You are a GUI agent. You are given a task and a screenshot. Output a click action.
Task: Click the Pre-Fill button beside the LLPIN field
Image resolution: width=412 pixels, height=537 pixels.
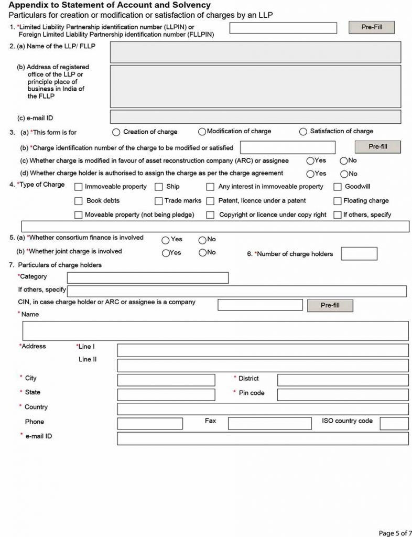coord(371,27)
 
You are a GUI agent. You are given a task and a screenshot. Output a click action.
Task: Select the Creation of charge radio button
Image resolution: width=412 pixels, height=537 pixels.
coord(115,132)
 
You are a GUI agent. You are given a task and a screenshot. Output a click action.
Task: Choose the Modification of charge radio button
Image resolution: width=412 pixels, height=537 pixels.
coord(202,131)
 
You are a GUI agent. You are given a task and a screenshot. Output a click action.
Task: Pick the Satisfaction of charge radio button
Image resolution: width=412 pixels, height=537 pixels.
coord(303,132)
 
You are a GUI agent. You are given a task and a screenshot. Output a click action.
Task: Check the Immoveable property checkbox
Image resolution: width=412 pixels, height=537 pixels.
coord(79,187)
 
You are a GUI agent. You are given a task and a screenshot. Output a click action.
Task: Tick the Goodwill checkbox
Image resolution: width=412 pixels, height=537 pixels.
coord(338,187)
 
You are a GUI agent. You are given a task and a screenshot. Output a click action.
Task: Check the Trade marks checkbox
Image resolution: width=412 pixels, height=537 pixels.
coord(159,201)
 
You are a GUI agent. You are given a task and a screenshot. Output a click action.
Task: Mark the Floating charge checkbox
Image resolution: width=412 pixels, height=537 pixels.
coord(338,201)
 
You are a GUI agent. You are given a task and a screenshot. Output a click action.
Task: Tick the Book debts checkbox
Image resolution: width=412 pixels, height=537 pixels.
coord(79,201)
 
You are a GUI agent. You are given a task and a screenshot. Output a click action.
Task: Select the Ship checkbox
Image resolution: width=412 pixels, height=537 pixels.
coord(159,187)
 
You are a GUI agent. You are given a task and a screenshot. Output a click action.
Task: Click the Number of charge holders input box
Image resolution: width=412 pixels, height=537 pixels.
coord(359,254)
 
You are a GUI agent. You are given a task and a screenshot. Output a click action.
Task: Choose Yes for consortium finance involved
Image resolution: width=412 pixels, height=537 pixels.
coord(166,240)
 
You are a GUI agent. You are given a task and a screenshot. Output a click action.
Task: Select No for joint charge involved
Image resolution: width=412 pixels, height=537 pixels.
coord(202,253)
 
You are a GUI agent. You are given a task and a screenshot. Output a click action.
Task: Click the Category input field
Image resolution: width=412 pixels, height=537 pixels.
coord(148,278)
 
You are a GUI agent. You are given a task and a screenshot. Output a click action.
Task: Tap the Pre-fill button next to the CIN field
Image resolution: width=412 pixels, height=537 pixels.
coord(330,305)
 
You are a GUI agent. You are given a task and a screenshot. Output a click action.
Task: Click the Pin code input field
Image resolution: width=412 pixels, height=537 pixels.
coord(343,394)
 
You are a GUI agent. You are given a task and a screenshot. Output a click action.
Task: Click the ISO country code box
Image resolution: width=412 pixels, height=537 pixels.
coord(394,423)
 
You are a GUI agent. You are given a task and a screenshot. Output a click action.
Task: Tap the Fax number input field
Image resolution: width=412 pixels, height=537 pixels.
coord(269,423)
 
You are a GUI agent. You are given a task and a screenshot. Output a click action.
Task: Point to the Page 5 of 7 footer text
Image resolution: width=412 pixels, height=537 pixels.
coord(392,533)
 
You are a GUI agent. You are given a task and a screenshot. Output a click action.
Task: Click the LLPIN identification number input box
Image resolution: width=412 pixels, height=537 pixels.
coord(283,28)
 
